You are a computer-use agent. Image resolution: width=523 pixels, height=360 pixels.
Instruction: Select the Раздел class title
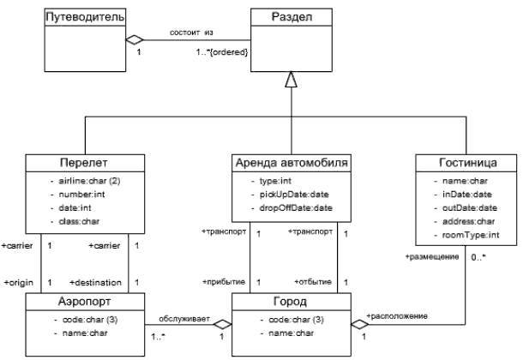(291, 15)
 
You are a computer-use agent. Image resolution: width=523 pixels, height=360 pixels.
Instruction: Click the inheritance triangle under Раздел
(291, 81)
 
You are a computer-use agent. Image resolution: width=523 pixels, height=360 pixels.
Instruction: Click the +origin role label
(19, 282)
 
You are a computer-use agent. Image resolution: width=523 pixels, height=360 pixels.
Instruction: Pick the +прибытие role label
(223, 282)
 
